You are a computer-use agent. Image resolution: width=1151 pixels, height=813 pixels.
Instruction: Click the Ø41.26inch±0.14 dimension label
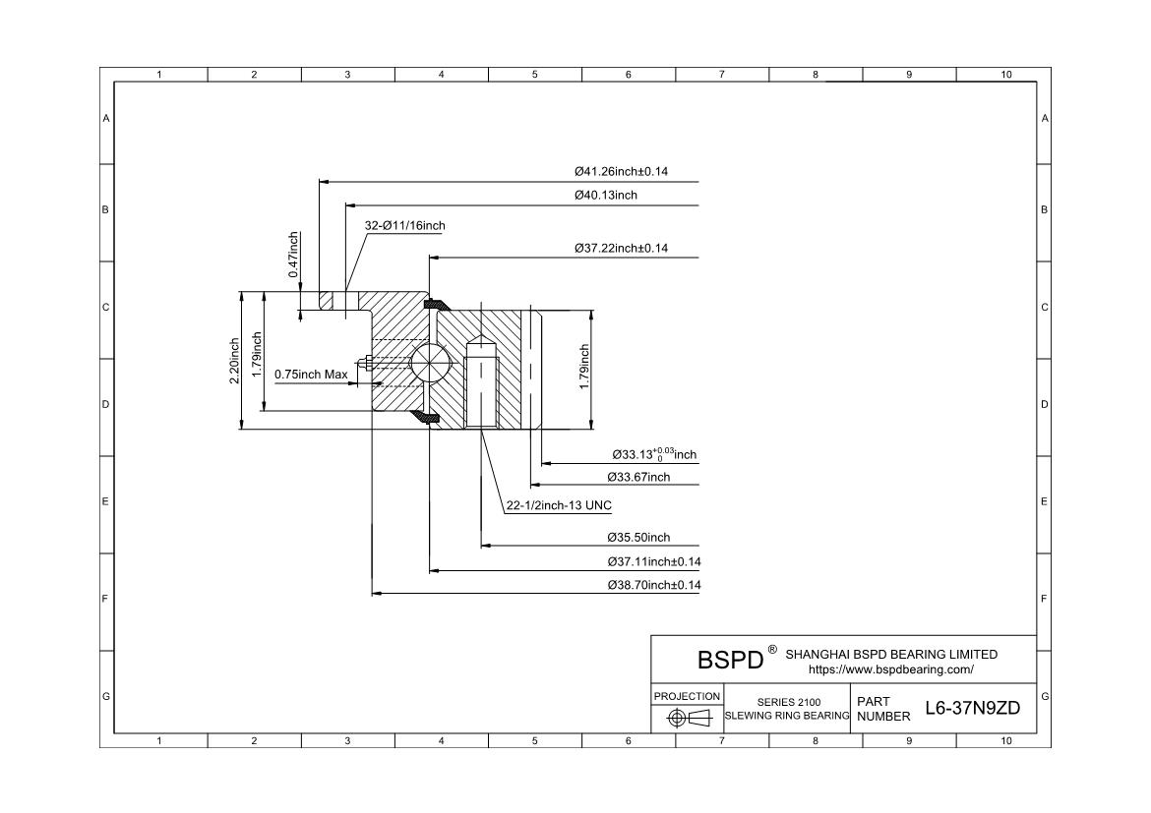621,171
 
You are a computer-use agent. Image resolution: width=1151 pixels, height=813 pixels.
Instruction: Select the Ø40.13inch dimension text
606,195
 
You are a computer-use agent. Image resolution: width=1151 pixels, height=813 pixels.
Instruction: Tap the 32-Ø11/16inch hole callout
404,225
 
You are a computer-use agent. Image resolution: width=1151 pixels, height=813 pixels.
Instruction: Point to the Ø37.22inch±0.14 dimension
621,248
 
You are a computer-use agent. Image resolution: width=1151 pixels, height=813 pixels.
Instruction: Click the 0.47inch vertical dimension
293,255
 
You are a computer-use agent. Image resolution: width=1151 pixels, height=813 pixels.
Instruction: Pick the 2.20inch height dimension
234,361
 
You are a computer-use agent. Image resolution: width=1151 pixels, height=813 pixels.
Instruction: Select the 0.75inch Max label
311,374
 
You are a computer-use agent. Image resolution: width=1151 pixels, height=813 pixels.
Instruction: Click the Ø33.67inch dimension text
638,477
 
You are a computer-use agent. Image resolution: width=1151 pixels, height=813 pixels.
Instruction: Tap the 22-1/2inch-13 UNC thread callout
558,505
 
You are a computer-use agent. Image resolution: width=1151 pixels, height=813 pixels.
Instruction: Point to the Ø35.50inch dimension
638,538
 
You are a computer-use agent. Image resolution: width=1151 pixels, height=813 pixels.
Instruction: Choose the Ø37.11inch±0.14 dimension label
654,561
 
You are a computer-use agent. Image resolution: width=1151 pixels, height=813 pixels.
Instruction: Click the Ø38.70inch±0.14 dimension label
654,585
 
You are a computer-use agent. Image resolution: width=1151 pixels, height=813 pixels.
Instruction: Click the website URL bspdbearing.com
890,669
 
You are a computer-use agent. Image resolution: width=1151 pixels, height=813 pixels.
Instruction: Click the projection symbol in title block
687,718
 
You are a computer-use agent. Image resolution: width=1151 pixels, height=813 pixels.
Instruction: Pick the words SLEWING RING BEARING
787,716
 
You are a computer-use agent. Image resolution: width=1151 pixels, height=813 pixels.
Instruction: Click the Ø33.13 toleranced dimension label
653,454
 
